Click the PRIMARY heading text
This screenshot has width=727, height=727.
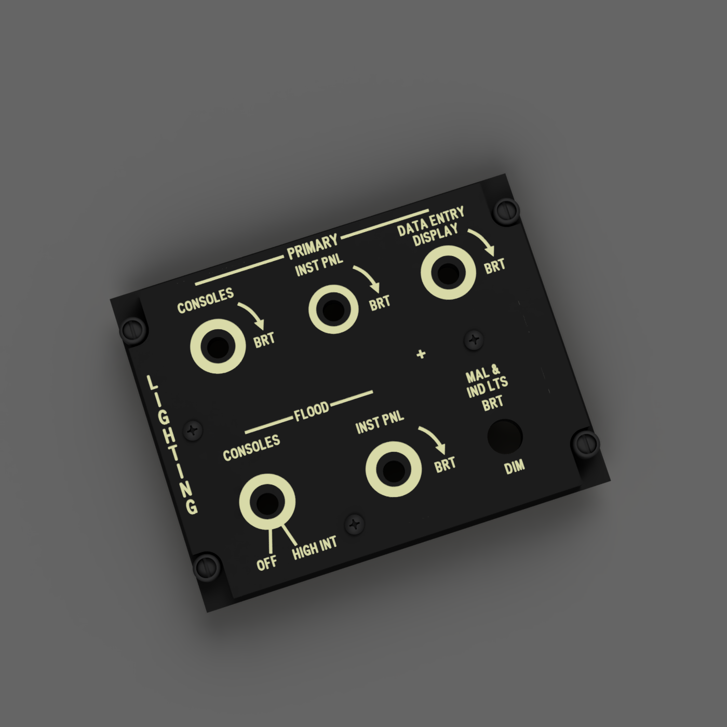[313, 247]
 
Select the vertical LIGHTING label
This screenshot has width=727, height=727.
[172, 445]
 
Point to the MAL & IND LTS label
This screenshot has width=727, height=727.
[487, 383]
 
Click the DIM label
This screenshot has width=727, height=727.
[515, 467]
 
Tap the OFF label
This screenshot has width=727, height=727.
[267, 563]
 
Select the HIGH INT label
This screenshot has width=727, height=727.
[315, 548]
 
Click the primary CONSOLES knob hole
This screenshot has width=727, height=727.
[218, 346]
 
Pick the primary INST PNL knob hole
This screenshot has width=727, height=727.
[333, 309]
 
